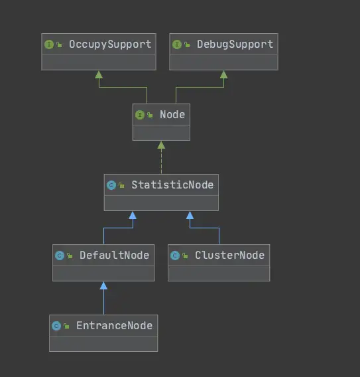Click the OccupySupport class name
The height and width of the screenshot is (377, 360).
pyautogui.click(x=110, y=44)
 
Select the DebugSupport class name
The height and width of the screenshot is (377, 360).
pyautogui.click(x=235, y=44)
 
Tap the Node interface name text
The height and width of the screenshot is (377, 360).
pyautogui.click(x=172, y=115)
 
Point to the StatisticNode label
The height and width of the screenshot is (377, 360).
pyautogui.click(x=172, y=185)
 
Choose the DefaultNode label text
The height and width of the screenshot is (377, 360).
pyautogui.click(x=114, y=256)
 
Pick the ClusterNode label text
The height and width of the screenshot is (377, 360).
pyautogui.click(x=229, y=256)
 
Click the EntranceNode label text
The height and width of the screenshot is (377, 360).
pyautogui.click(x=114, y=326)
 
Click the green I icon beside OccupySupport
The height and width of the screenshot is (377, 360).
pyautogui.click(x=49, y=44)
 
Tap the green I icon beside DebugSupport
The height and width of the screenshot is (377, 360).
pyautogui.click(x=177, y=44)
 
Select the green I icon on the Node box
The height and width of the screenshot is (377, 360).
pyautogui.click(x=140, y=115)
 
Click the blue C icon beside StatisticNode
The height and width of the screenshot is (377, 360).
pyautogui.click(x=111, y=185)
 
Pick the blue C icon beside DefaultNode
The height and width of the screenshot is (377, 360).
pyautogui.click(x=60, y=256)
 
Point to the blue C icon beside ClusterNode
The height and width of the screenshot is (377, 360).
pyautogui.click(x=175, y=256)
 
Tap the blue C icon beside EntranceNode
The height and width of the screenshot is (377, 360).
pyautogui.click(x=56, y=326)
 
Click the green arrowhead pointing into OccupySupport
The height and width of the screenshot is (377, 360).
pyautogui.click(x=99, y=74)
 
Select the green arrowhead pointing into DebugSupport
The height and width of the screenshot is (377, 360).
pyautogui.click(x=224, y=74)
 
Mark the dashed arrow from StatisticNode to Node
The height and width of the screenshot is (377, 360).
pyautogui.click(x=161, y=157)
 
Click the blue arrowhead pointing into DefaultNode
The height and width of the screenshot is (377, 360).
pyautogui.click(x=103, y=285)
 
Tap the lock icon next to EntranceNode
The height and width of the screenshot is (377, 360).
pyautogui.click(x=66, y=326)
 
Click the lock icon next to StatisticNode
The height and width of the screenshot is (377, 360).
pyautogui.click(x=121, y=185)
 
